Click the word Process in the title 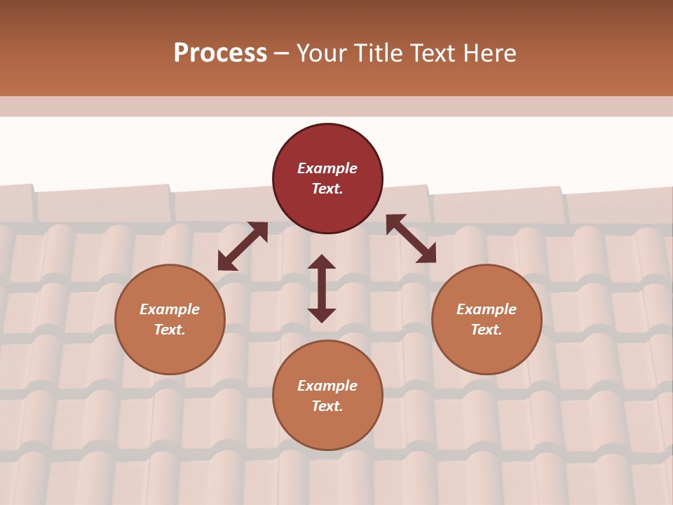[220, 53]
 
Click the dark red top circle [327, 147]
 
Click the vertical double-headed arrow [322, 288]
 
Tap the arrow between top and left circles [243, 246]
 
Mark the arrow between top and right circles [411, 238]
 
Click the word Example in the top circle [327, 168]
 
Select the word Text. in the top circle [327, 189]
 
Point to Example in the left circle [170, 309]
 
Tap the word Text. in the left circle [170, 330]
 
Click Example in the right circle [487, 309]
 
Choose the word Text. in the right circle [487, 330]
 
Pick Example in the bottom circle [327, 386]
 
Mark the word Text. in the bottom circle [327, 406]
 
